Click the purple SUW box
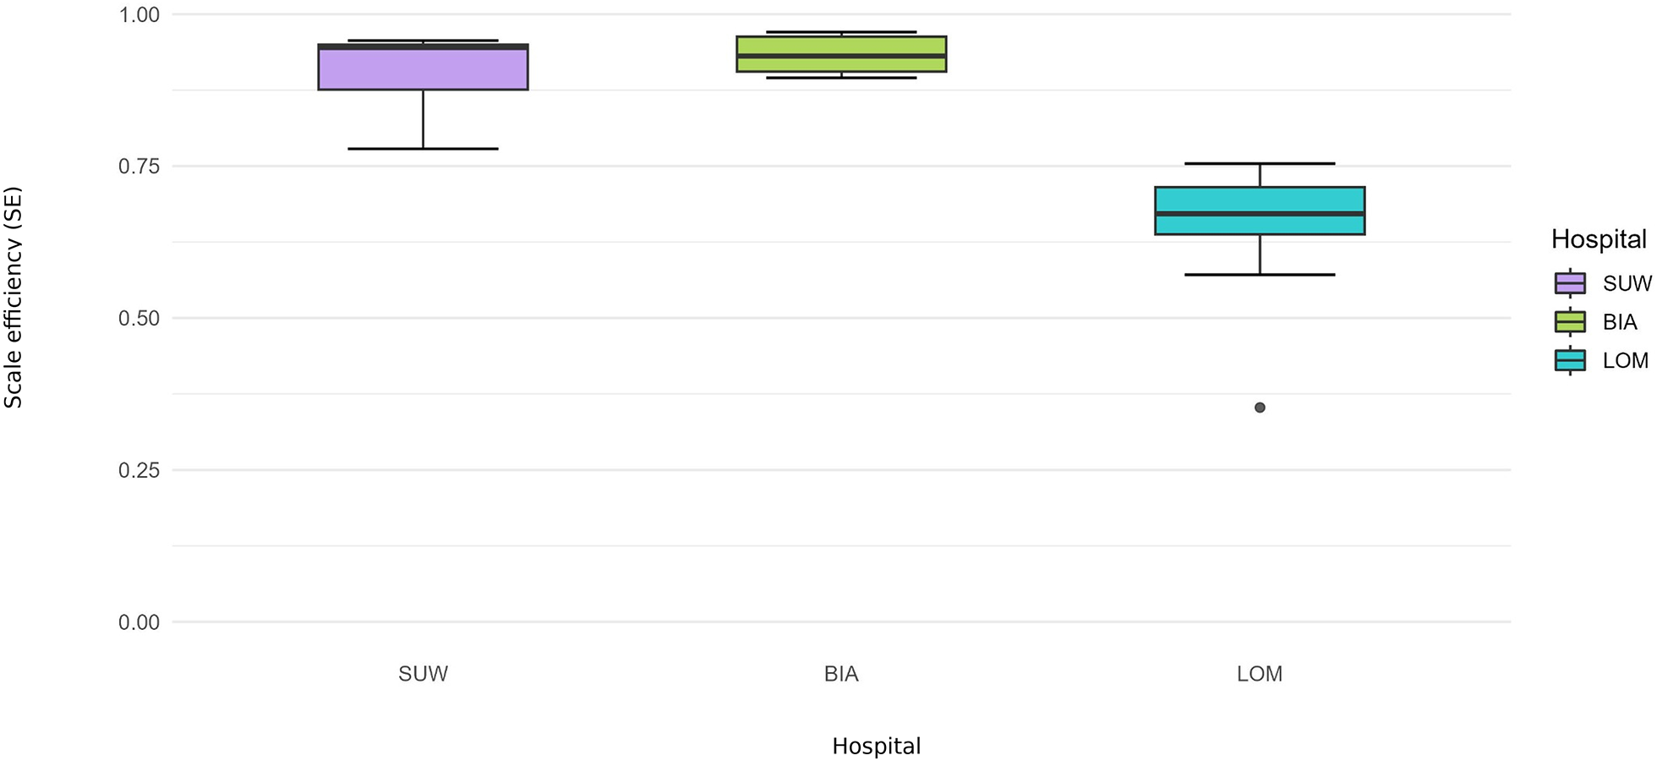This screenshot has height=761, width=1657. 423,68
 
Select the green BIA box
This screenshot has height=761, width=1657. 840,54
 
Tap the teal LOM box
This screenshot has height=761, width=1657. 1260,211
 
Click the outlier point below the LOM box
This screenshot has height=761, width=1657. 1260,408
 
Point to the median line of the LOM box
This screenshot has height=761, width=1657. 1260,214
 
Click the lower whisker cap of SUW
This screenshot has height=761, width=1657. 423,149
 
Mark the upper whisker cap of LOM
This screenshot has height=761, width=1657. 1260,163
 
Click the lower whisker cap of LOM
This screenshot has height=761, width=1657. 1260,275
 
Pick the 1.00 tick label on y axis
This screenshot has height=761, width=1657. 139,14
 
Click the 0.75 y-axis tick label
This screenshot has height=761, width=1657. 139,167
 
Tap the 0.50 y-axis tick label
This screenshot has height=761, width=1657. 139,319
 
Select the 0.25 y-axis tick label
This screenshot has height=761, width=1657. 139,470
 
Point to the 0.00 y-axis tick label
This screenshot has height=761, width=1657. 139,622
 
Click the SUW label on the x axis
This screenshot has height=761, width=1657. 423,674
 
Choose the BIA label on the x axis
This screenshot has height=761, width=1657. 840,674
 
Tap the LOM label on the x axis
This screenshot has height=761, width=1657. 1260,674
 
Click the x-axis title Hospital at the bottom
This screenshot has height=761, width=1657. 876,747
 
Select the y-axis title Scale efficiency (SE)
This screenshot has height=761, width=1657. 14,298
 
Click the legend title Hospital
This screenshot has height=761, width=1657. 1598,240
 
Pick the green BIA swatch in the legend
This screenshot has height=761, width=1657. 1570,322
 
